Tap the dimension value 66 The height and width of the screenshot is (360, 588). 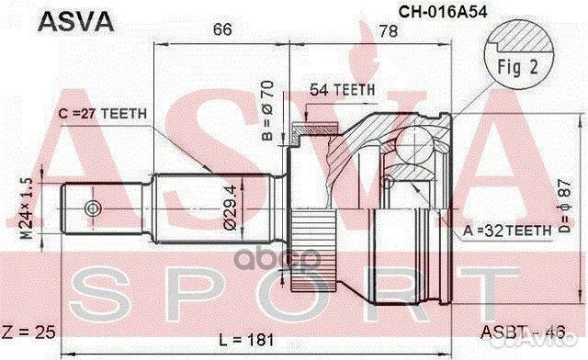220,30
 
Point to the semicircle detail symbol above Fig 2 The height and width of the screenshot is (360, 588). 519,35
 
